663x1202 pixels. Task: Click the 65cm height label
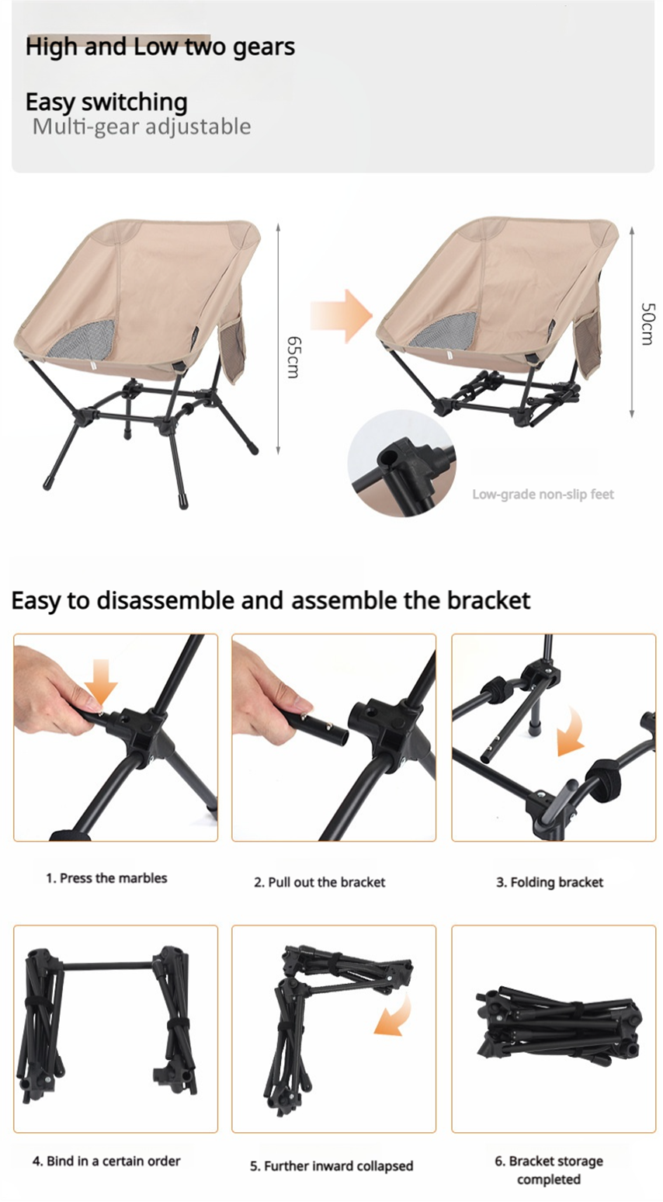(293, 357)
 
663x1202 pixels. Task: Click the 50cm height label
(647, 324)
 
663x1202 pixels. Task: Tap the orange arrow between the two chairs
(341, 315)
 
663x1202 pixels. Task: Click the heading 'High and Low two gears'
(161, 47)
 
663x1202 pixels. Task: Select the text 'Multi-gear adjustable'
(141, 127)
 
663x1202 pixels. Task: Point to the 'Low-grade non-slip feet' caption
(543, 494)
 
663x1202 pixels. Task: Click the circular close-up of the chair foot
(401, 463)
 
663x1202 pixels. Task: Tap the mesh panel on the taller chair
(82, 339)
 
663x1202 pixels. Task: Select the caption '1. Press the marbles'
(106, 878)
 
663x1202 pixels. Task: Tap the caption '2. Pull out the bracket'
(320, 883)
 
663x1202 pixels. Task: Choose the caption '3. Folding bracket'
(550, 883)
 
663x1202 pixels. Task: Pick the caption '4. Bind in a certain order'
(106, 1162)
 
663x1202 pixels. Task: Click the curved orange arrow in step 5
(397, 1017)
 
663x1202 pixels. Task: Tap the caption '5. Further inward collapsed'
(331, 1166)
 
